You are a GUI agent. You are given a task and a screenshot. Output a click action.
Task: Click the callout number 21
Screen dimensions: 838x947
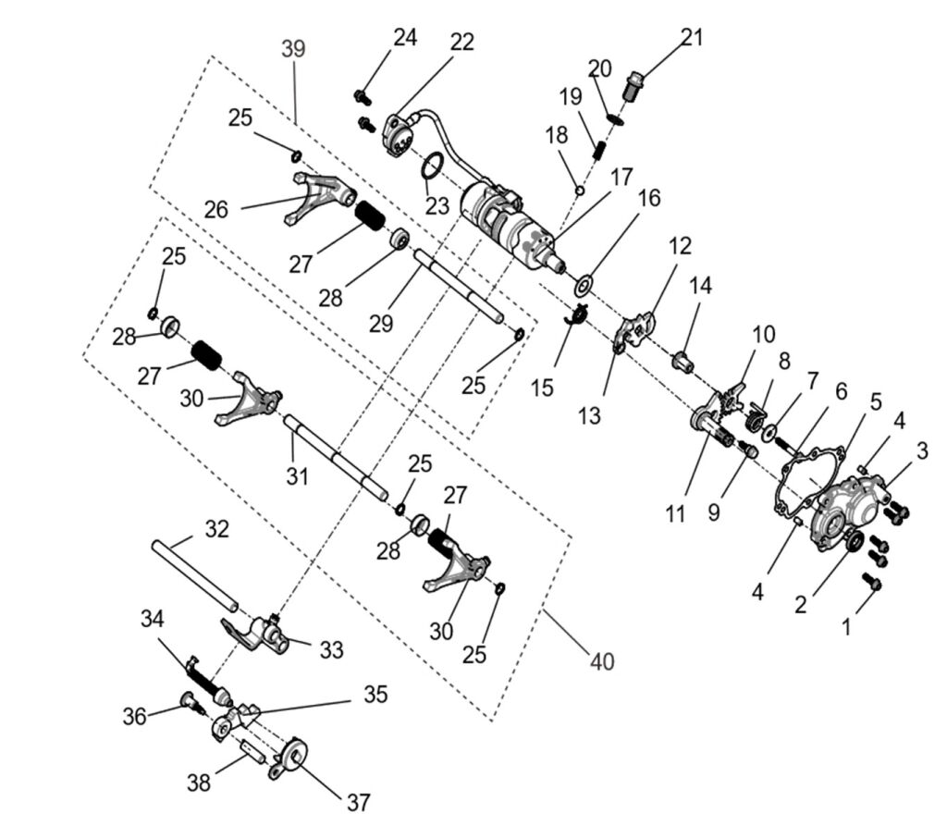pos(692,38)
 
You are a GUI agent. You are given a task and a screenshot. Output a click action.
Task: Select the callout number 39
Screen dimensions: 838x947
pos(293,48)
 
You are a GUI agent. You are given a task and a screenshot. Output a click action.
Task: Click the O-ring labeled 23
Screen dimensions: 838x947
pos(432,167)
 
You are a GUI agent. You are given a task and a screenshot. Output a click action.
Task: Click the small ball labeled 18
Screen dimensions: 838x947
pos(579,191)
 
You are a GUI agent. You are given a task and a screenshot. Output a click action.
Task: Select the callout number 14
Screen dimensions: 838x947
pos(700,286)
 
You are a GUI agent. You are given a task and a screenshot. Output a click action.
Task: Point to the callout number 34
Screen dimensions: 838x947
pos(154,617)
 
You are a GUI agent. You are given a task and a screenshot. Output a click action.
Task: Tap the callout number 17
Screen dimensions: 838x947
pos(620,175)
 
